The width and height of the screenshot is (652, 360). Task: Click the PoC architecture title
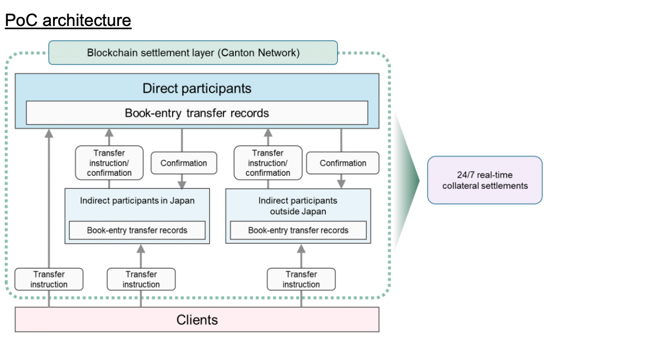pos(68,20)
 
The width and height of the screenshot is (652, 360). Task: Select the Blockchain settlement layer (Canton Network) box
pos(193,53)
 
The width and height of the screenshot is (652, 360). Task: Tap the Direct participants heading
pos(196,88)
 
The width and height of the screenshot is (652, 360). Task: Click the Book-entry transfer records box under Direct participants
pos(196,113)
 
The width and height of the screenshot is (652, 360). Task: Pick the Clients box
pos(196,320)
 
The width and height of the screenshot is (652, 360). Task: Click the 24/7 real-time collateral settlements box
pos(484,180)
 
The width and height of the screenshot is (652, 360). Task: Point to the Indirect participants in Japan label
pos(137,201)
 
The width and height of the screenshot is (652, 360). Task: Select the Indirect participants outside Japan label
pos(298,205)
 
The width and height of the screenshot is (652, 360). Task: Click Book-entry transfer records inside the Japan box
pos(137,230)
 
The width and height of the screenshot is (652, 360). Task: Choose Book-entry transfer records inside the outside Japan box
pos(298,230)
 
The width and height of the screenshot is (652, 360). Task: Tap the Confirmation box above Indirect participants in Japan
pos(184,163)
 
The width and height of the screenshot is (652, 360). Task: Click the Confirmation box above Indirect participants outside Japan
pos(342,163)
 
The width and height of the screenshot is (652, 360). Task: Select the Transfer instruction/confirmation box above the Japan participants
pos(109,162)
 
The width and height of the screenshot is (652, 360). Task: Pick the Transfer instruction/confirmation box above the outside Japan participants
pos(268,162)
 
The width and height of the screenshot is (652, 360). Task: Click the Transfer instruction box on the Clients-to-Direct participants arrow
pos(49,279)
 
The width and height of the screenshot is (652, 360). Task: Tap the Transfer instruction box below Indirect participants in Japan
pos(141,279)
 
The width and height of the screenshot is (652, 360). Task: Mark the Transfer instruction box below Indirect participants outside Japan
pos(301,279)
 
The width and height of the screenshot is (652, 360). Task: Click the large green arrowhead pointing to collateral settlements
pos(409,181)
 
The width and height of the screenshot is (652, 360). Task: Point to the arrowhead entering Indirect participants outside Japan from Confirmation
pos(341,184)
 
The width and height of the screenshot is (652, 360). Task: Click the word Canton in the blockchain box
pos(237,53)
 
